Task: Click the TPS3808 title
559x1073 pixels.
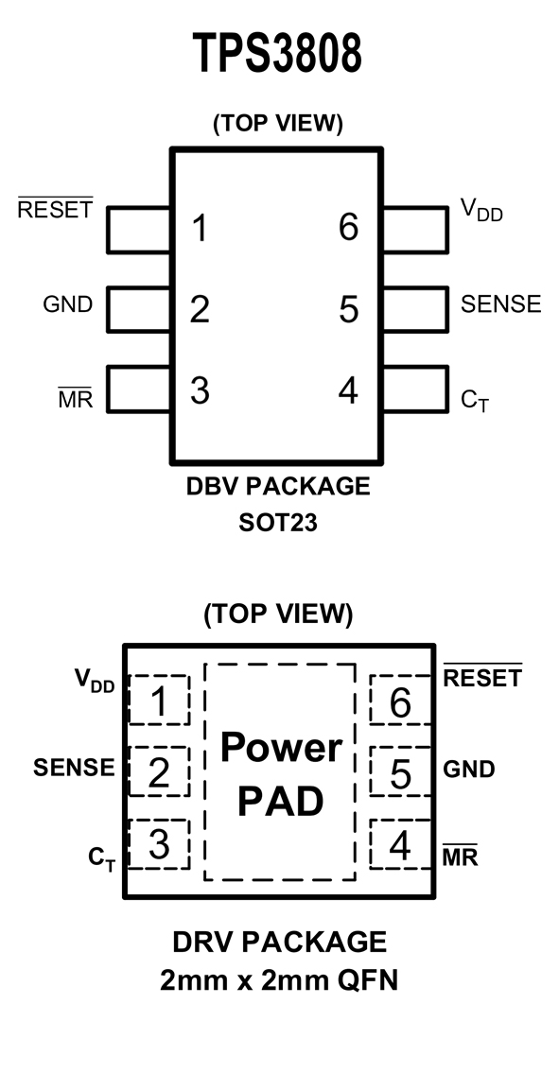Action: [277, 53]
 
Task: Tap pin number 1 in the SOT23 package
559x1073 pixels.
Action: [200, 229]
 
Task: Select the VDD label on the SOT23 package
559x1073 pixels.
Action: [480, 209]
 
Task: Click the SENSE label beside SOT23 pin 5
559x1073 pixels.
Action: [500, 303]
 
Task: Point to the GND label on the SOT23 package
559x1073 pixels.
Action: [67, 303]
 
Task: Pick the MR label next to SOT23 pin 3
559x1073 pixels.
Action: [76, 398]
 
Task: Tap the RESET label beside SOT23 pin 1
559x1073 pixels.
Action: [55, 207]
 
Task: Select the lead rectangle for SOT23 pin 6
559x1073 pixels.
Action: [415, 229]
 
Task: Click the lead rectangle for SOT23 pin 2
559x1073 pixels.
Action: [138, 309]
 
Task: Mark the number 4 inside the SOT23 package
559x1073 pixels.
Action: [348, 390]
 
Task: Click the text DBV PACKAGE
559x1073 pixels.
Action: [278, 487]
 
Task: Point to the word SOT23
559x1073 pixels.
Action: [278, 524]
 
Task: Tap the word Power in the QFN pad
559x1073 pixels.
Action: [281, 747]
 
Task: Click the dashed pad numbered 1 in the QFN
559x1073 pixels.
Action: [159, 701]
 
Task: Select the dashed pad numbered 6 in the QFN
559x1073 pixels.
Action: [400, 701]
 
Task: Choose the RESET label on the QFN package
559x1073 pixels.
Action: [483, 676]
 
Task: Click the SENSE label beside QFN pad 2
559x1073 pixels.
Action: [74, 768]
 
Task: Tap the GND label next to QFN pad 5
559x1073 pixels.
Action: [469, 770]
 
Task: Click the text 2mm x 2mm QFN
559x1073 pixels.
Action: [279, 981]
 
